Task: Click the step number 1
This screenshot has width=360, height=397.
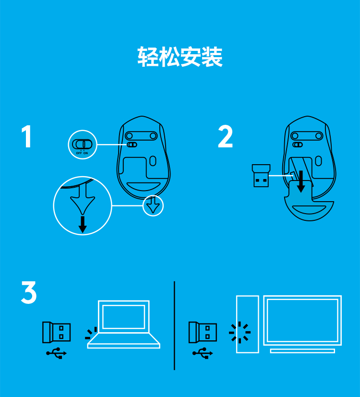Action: click(26, 136)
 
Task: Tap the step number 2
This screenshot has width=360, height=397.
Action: click(225, 136)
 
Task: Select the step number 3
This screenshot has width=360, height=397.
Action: click(29, 292)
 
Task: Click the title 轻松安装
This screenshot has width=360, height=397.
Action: click(180, 57)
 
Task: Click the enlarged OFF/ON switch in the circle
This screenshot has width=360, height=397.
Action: click(82, 144)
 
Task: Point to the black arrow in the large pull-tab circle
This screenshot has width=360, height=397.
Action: click(82, 224)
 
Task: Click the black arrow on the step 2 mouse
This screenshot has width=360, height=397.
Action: click(301, 181)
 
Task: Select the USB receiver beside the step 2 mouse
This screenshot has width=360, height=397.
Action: click(261, 176)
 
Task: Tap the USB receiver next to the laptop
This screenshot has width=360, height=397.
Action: click(56, 332)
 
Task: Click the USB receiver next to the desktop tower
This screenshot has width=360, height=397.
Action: click(203, 332)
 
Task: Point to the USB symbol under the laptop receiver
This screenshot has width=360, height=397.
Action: click(56, 353)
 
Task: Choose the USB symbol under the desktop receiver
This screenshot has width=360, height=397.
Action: click(203, 353)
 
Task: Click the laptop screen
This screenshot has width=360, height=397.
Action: click(123, 316)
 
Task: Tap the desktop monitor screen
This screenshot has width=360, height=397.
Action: click(302, 320)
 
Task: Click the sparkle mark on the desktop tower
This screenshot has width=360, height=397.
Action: click(240, 332)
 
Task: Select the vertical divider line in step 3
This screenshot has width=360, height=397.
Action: click(174, 325)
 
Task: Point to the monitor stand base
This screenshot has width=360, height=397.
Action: click(302, 351)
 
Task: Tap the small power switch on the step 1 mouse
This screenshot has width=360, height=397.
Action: click(132, 144)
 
